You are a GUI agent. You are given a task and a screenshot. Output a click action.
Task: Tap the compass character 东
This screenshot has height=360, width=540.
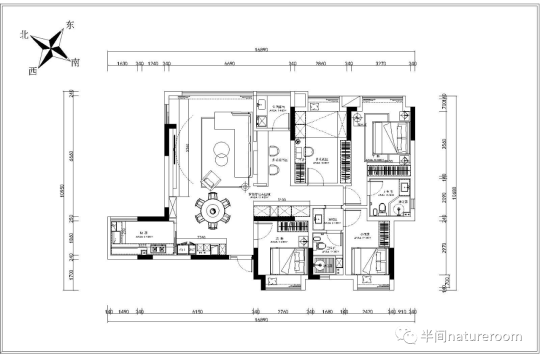[x=69, y=25]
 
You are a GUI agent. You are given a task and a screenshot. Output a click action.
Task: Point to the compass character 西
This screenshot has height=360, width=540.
[x=32, y=71]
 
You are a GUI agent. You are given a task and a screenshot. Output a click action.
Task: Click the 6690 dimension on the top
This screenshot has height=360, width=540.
[x=229, y=63]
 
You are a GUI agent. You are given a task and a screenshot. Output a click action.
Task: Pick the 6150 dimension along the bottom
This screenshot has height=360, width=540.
[x=197, y=312]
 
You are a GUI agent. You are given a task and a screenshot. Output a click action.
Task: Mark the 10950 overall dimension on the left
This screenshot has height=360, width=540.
[x=63, y=190]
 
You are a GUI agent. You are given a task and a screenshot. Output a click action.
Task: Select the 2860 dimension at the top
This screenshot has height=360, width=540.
[x=320, y=63]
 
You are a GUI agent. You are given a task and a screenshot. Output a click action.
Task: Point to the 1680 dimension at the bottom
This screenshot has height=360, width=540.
[x=327, y=312]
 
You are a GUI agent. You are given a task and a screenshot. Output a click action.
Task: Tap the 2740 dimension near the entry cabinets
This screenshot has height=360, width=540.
[x=201, y=237]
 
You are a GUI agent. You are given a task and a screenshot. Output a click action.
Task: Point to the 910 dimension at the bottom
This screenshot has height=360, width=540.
[x=402, y=312]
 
